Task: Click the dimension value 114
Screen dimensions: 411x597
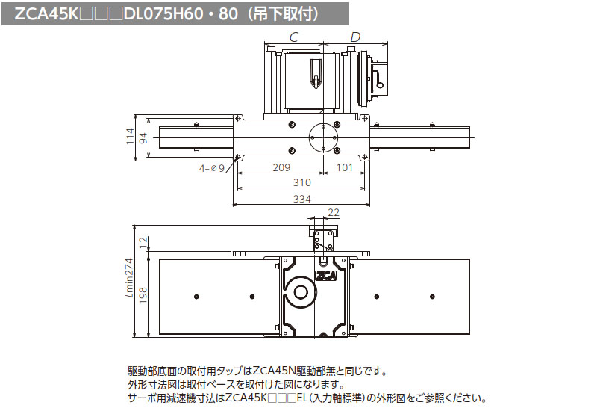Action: (131, 137)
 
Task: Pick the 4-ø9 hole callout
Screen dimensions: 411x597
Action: (212, 168)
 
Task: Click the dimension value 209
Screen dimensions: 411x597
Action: (281, 168)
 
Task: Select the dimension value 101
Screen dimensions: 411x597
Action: (344, 168)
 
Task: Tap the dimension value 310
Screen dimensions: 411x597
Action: (301, 183)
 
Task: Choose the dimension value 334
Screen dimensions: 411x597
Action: (301, 199)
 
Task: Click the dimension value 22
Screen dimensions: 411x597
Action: (333, 214)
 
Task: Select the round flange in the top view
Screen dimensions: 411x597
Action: (324, 138)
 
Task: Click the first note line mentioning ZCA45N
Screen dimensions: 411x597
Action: (258, 371)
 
